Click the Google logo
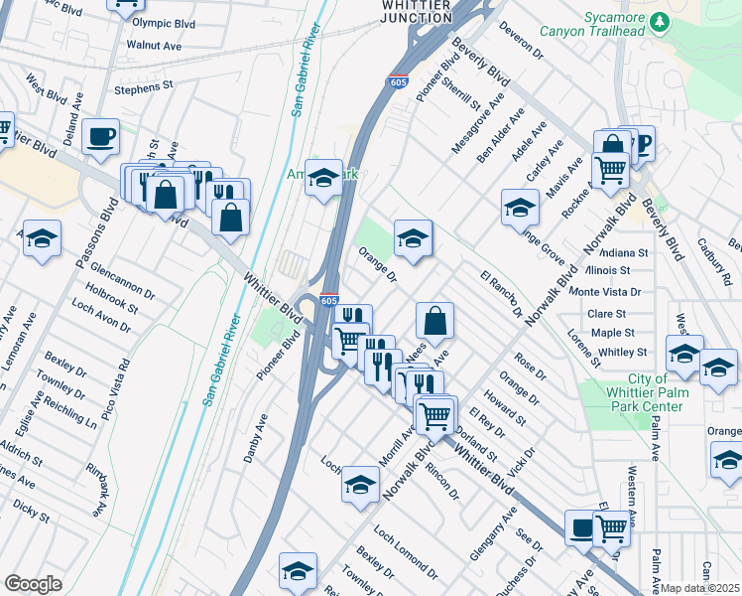coord(33,584)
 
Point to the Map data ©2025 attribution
coord(700,588)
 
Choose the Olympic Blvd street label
coord(165,22)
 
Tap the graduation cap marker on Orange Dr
coord(414,238)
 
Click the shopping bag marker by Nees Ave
coord(434,321)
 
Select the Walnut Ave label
coord(154,46)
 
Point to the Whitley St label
coord(622,352)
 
